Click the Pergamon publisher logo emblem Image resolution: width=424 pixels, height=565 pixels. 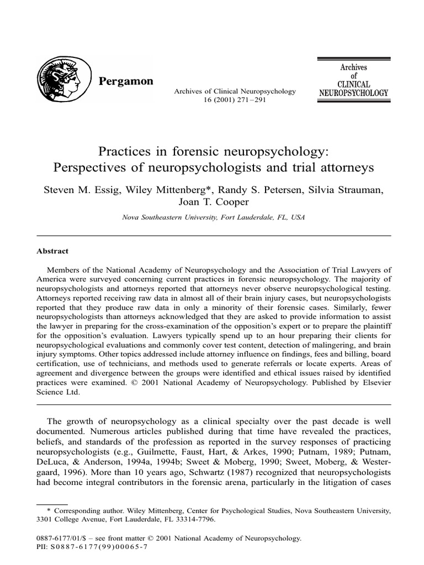click(x=62, y=80)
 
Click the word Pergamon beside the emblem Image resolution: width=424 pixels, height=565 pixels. click(x=125, y=82)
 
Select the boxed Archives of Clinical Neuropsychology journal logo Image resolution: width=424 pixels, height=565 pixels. click(x=353, y=81)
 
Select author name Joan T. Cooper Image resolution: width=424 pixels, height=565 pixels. click(x=212, y=202)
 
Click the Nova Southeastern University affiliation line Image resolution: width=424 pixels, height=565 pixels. click(x=212, y=217)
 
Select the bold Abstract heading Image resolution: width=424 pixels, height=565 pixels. click(x=52, y=251)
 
